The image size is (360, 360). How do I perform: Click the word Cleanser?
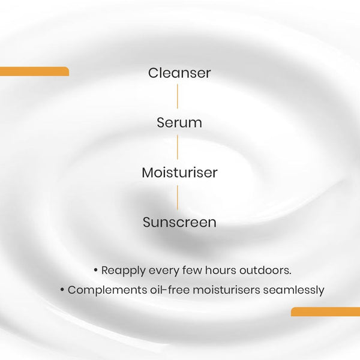[179, 73]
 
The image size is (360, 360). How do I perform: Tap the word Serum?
[179, 123]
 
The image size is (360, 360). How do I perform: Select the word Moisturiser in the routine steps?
[179, 173]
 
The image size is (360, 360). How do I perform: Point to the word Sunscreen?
[179, 223]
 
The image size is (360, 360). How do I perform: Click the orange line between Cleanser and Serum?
[178, 98]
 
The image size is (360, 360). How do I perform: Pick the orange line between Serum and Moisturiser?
[178, 148]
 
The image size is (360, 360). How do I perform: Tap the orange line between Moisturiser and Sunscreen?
[178, 197]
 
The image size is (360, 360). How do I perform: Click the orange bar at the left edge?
[34, 71]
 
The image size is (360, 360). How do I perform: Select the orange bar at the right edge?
[325, 311]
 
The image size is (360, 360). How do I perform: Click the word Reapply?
[123, 271]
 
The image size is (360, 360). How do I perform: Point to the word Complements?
[104, 290]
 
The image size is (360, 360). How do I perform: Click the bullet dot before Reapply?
[96, 271]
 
